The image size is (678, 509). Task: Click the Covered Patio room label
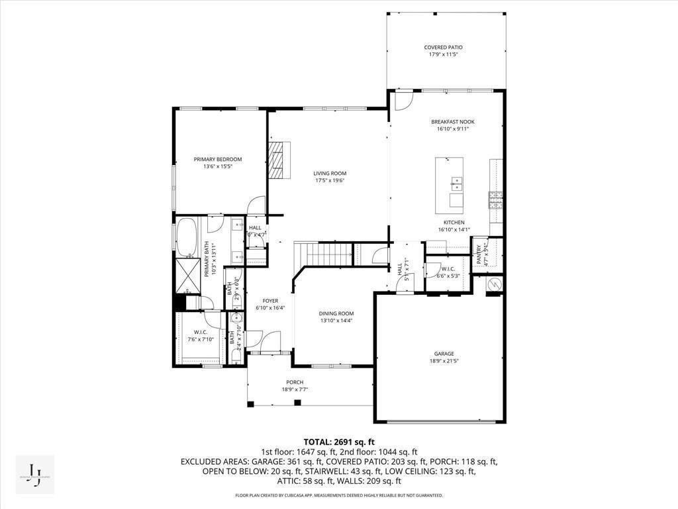click(444, 48)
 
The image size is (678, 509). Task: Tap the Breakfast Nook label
click(453, 122)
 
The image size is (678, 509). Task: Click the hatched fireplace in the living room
click(279, 159)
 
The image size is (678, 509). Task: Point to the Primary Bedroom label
click(218, 159)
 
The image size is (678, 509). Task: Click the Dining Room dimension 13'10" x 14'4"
click(336, 321)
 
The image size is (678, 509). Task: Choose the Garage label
click(444, 354)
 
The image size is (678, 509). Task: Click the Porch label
click(295, 382)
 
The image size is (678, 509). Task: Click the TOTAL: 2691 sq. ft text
click(339, 441)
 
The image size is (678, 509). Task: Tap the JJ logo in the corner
click(35, 474)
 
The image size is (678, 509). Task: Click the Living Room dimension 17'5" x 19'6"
click(330, 180)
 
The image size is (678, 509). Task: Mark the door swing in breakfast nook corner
click(403, 101)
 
